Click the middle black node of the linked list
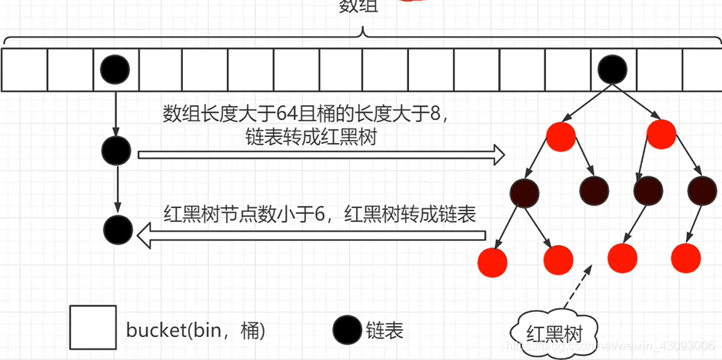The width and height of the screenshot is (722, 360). pos(115,150)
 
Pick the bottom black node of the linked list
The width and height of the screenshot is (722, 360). pos(118,229)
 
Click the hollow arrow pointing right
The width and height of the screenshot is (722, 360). pos(321,155)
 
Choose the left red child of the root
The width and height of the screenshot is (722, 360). pos(561,135)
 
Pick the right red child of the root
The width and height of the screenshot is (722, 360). pos(660,135)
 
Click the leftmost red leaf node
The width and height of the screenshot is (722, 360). pos(492,262)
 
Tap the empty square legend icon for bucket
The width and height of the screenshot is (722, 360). pos(92,328)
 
